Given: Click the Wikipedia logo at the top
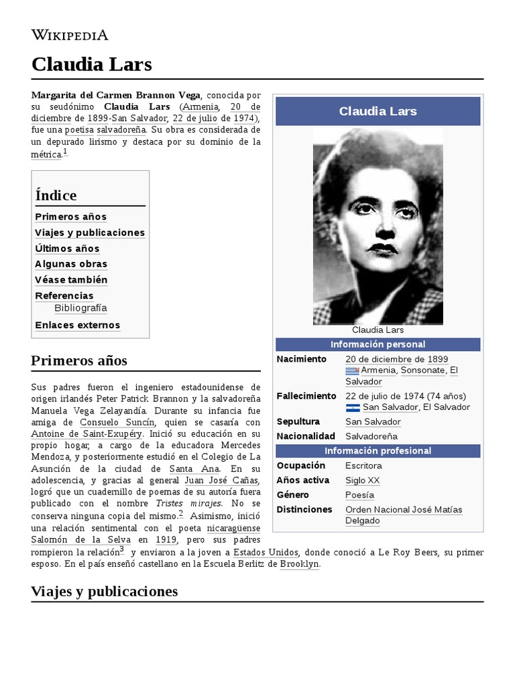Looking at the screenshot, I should (70, 35).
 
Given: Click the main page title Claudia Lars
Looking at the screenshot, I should (91, 64).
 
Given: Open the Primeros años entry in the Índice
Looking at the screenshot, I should (70, 216).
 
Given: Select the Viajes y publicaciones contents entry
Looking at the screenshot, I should (90, 232).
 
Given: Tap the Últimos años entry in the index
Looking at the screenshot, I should (67, 249).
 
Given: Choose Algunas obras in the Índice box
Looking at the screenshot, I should (71, 264).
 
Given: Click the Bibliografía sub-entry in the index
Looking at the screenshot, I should (80, 308).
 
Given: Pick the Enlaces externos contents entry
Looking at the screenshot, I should (78, 325).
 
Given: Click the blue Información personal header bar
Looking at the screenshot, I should (378, 344).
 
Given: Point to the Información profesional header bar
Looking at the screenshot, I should (378, 451).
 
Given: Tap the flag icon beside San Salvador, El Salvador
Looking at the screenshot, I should (353, 407).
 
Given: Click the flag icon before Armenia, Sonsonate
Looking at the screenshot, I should (352, 370).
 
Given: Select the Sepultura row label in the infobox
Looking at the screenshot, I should (298, 421).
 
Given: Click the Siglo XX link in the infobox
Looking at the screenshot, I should (362, 480).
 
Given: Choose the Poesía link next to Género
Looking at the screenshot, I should (359, 495).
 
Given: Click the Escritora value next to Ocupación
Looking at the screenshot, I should (363, 466).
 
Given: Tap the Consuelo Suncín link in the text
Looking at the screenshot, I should (117, 423).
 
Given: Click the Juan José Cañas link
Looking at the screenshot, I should (221, 480).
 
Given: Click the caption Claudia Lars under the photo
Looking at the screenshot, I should (378, 330).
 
